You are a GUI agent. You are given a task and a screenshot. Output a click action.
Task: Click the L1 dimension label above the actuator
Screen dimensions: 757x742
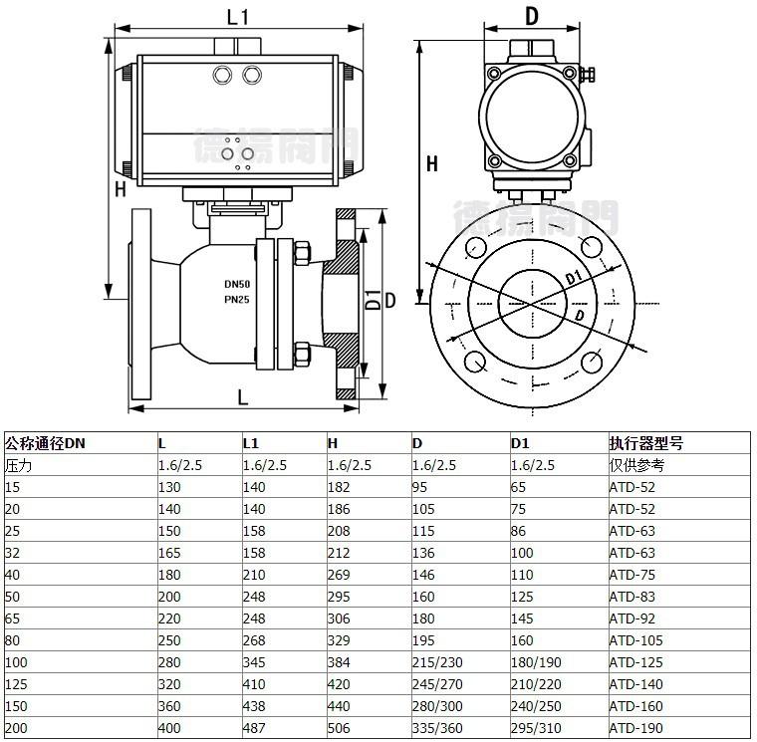click(237, 17)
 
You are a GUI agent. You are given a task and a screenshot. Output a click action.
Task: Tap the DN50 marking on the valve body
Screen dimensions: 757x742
click(237, 284)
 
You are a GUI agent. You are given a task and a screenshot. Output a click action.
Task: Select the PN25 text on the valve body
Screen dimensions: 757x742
click(237, 300)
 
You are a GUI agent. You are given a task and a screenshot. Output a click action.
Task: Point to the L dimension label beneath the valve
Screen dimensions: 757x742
click(243, 397)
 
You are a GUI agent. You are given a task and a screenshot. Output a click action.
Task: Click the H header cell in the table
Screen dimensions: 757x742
click(333, 443)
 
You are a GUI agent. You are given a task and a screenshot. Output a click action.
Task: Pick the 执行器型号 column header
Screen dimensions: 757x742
click(646, 443)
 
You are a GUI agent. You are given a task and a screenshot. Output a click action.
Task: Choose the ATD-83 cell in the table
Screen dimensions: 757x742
click(631, 597)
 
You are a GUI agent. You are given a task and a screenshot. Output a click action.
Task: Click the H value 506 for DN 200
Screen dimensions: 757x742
click(339, 728)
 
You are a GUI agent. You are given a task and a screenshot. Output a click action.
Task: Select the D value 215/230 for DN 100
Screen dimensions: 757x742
click(437, 662)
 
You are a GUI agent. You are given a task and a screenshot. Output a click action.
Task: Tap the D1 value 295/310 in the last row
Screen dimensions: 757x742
click(536, 728)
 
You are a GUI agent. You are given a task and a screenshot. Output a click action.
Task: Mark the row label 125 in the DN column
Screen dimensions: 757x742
click(16, 684)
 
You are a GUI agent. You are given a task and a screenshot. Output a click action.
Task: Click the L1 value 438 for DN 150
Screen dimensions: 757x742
click(254, 706)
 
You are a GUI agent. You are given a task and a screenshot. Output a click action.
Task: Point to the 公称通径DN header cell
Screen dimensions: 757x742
click(45, 443)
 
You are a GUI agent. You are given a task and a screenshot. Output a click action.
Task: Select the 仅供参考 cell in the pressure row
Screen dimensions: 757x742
click(636, 465)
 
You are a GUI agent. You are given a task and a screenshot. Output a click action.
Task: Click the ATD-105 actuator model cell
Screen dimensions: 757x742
click(635, 640)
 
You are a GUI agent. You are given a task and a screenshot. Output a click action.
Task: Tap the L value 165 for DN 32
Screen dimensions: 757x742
click(169, 553)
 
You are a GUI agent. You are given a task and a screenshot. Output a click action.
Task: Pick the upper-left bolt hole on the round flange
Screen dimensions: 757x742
click(475, 247)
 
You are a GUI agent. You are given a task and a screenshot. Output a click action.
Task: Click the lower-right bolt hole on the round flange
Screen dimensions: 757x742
click(592, 363)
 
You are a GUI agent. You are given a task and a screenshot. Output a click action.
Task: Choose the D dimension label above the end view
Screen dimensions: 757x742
click(532, 16)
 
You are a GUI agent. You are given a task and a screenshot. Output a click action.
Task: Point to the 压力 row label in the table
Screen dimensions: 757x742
click(18, 465)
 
